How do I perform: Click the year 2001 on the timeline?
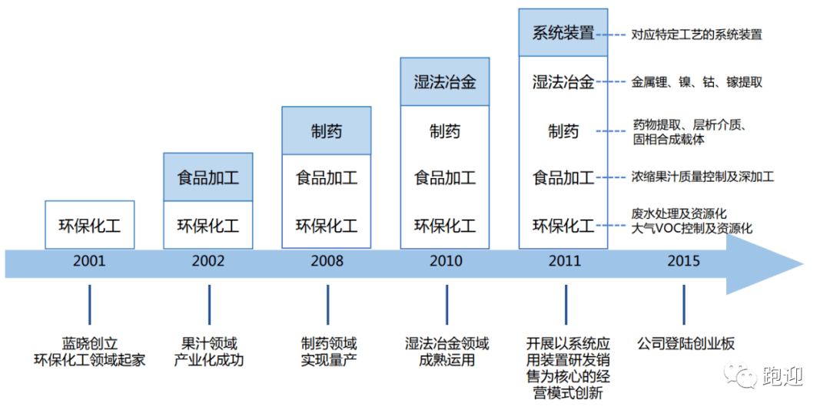tap(89, 261)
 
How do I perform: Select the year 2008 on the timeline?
tap(327, 261)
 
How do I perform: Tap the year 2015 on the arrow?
tap(683, 261)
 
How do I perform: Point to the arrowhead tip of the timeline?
tap(804, 263)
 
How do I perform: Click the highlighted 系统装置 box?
tap(563, 33)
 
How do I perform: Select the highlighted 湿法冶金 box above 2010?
tap(445, 82)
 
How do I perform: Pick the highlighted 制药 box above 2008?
tap(327, 131)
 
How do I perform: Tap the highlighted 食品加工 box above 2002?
tap(208, 177)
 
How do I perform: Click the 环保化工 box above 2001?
tap(89, 225)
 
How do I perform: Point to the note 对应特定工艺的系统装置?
tap(696, 35)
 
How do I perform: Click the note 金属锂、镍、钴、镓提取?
tap(696, 82)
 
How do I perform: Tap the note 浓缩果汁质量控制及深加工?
tap(702, 177)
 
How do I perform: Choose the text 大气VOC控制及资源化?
tap(692, 229)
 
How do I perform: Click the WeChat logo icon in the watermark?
tap(740, 374)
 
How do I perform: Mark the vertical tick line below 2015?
tap(683, 305)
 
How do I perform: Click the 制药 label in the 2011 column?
tap(563, 131)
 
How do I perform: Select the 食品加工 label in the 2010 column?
tap(445, 177)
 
